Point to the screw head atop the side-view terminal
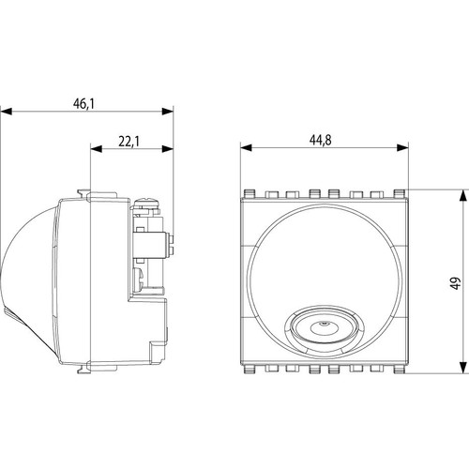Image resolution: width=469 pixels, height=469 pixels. point(148,200)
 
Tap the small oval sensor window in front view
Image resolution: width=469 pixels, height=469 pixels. point(323,328)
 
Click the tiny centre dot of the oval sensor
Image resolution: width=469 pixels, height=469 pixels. point(323,327)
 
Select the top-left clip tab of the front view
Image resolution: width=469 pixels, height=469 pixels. point(250,194)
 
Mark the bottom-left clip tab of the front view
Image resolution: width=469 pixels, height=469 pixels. point(250,369)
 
